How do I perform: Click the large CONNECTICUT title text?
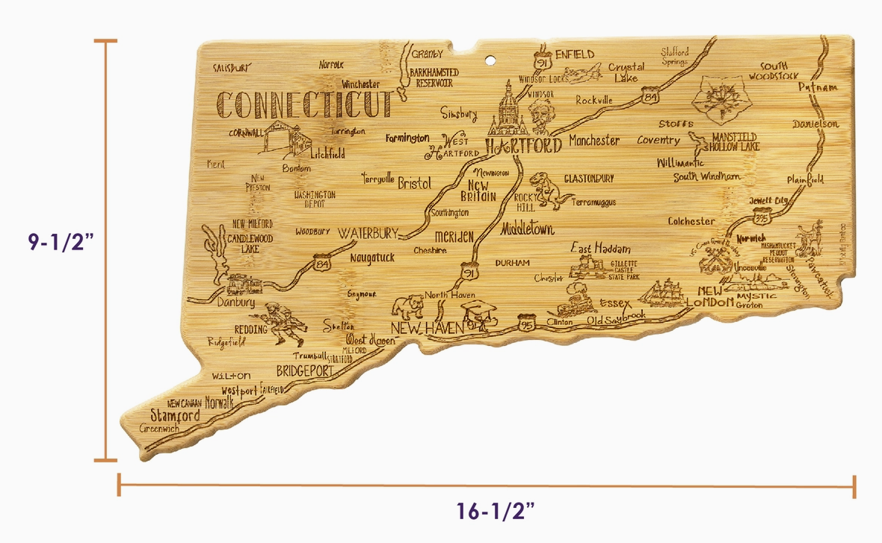[303, 105]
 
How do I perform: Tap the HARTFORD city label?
[522, 145]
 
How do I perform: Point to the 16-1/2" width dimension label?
[496, 512]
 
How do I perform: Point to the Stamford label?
[176, 415]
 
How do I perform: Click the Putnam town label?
[815, 87]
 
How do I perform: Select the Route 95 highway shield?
[526, 323]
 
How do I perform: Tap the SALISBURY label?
[230, 67]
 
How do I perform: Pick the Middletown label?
[528, 229]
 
